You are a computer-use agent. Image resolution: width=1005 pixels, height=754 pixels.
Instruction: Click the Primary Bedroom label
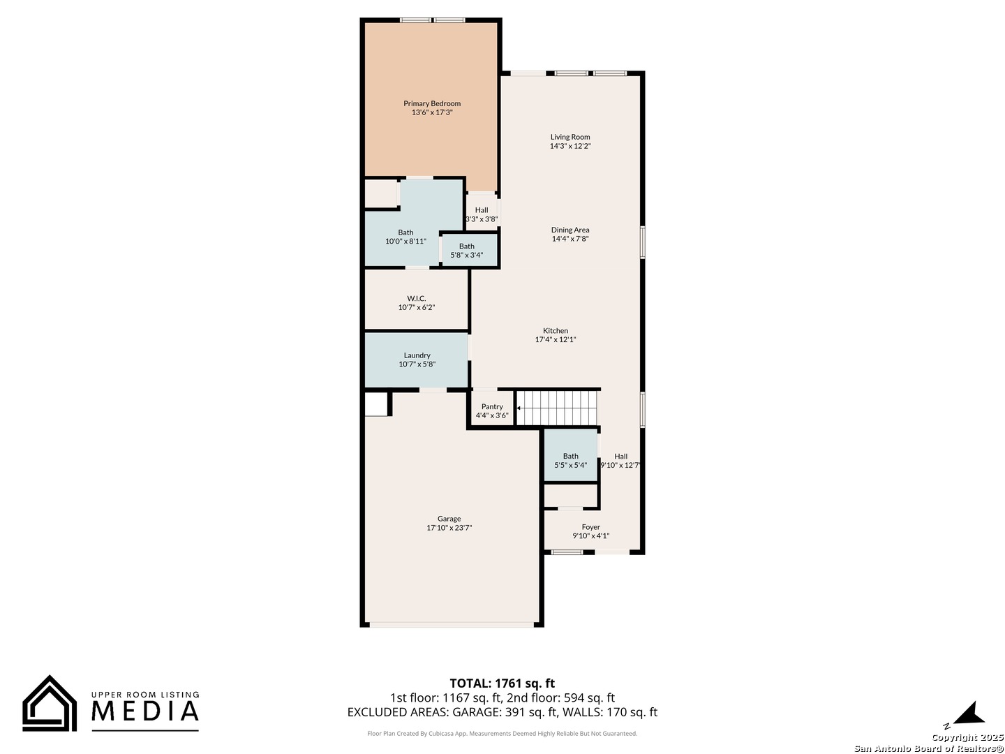click(x=432, y=103)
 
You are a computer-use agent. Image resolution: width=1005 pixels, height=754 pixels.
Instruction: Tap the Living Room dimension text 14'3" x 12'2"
click(x=570, y=147)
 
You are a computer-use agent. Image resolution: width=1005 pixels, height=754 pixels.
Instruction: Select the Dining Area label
click(x=570, y=230)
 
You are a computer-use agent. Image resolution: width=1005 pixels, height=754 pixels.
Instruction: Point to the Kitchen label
click(x=556, y=330)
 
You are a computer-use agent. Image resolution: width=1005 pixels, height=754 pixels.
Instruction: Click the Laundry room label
click(x=417, y=355)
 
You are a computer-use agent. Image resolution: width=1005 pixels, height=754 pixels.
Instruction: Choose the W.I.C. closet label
click(x=417, y=298)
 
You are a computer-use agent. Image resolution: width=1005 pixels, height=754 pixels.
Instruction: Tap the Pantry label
click(x=492, y=406)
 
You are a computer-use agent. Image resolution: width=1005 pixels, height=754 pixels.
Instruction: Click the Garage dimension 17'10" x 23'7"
click(x=449, y=528)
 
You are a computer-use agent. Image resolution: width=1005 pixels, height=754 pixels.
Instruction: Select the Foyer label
click(x=591, y=527)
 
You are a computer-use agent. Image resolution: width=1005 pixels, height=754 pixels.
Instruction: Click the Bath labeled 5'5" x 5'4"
click(x=571, y=460)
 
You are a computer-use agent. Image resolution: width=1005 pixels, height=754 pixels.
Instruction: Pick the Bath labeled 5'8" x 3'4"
click(x=467, y=251)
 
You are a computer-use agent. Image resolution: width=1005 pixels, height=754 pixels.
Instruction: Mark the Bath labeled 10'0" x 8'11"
click(x=405, y=237)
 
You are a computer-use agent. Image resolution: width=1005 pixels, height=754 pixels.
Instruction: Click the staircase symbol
click(x=558, y=408)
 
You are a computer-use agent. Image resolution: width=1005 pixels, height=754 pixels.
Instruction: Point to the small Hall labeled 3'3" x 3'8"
click(x=482, y=214)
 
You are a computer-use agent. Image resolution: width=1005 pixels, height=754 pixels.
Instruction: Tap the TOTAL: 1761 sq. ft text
click(x=502, y=683)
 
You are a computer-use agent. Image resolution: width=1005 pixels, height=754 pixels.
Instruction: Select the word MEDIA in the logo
click(x=146, y=711)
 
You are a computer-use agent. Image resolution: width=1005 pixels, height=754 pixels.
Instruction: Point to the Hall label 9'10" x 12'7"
click(x=620, y=460)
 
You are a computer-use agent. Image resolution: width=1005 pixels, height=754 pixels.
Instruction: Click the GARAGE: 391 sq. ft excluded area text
click(x=502, y=712)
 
